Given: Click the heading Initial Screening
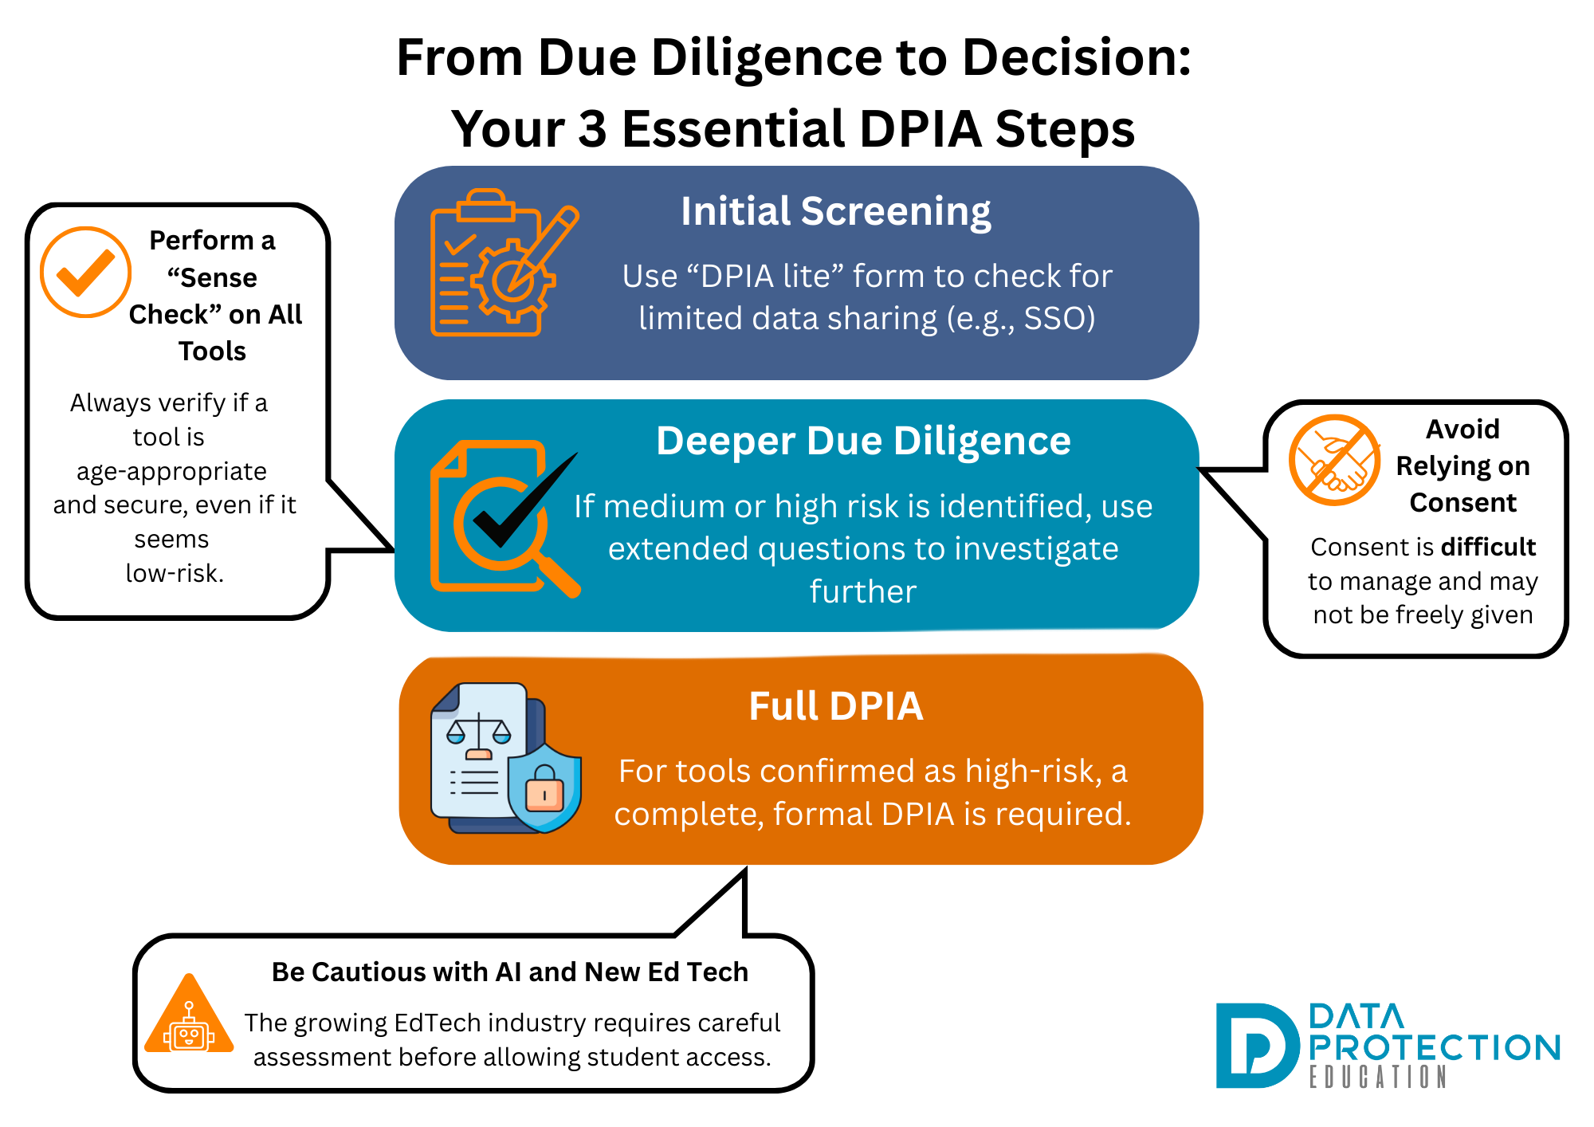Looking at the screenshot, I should (835, 212).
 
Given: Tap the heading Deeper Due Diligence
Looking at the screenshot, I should (862, 442).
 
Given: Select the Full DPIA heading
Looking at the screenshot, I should (835, 706).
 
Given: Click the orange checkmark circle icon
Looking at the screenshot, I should (85, 273).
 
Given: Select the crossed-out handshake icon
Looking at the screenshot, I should (1334, 460).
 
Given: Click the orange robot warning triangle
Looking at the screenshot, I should (189, 1017).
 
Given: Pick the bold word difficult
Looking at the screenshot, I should (1487, 547).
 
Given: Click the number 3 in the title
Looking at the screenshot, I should (592, 130).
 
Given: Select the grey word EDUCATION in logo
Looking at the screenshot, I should (1377, 1078).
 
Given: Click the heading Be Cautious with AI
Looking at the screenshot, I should (509, 972).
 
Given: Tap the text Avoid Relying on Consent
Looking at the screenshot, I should (1462, 466).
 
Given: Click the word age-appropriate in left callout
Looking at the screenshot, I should (171, 471).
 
